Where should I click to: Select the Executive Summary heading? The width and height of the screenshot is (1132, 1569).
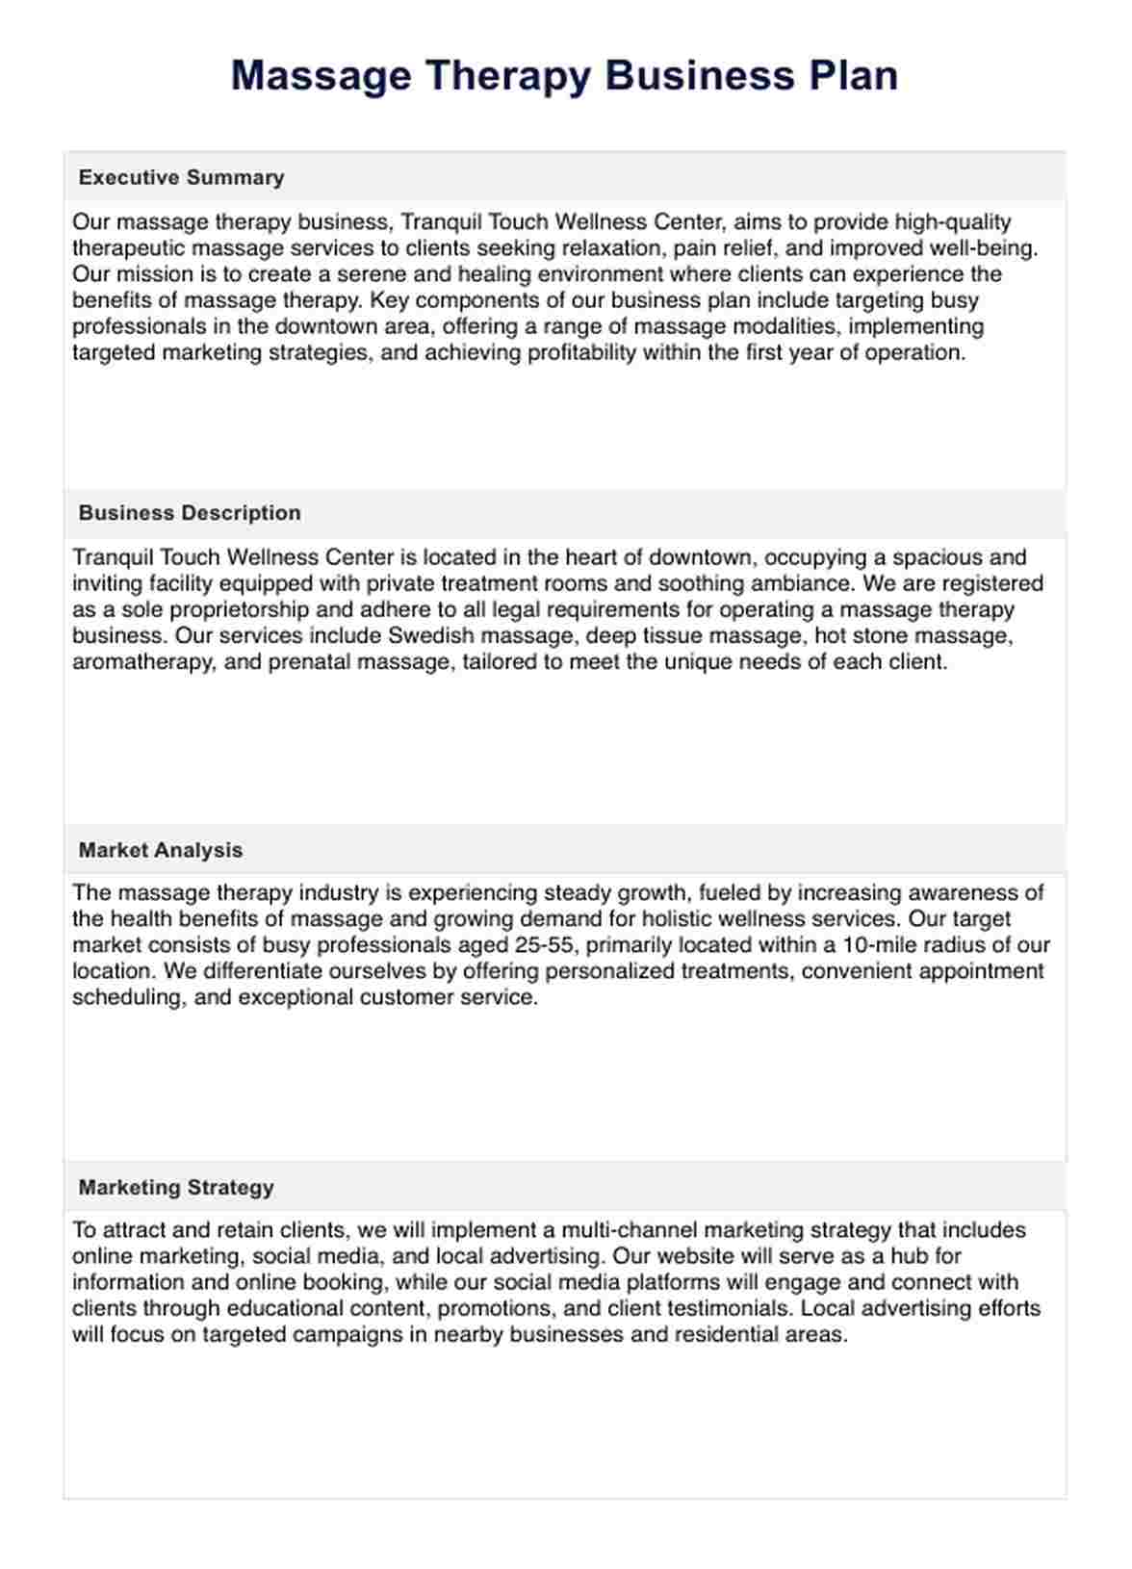[181, 177]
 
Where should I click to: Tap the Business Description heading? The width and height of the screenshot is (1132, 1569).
[190, 513]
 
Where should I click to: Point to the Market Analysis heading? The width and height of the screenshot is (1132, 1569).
[161, 850]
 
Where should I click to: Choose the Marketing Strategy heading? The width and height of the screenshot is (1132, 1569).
[176, 1187]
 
